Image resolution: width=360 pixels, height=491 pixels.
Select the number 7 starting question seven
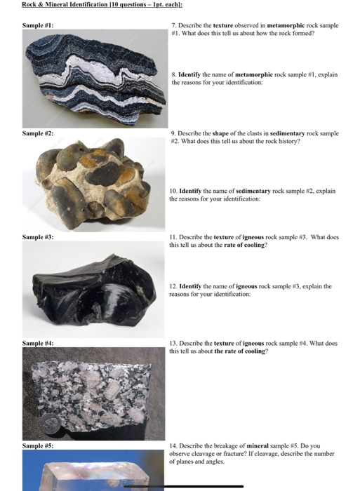point(173,24)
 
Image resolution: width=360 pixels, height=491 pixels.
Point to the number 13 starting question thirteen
point(174,343)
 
